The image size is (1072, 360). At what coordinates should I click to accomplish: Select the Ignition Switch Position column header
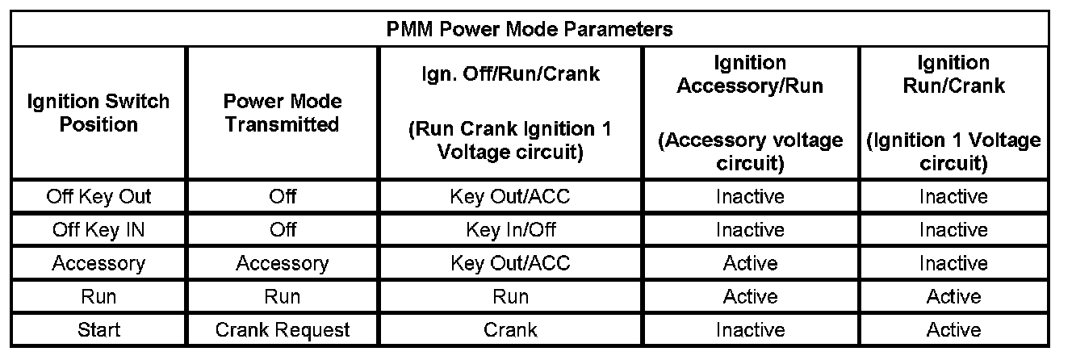(98, 113)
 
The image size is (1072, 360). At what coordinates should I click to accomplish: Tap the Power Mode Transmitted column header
(283, 113)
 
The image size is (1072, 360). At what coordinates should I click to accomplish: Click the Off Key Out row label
(98, 196)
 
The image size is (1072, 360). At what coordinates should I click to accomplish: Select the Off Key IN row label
(98, 230)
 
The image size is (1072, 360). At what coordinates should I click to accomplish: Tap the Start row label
(98, 330)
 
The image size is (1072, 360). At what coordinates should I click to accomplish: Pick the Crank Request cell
(283, 330)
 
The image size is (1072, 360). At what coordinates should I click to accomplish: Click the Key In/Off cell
(510, 230)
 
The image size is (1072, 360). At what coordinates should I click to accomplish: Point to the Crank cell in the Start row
(510, 330)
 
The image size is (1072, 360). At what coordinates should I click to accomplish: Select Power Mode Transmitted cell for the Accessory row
(283, 264)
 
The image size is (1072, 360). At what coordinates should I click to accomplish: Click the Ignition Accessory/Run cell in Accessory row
(750, 264)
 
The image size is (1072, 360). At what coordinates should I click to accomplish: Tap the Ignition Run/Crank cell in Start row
(953, 330)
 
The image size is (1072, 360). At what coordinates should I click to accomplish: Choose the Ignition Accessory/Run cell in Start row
(750, 330)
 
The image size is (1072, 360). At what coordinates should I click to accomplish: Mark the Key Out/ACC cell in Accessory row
(510, 264)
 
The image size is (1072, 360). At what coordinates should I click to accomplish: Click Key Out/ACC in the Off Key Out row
(510, 196)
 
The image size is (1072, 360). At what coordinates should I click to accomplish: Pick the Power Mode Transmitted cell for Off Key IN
(283, 230)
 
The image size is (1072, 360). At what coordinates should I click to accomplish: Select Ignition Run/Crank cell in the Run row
(953, 297)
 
